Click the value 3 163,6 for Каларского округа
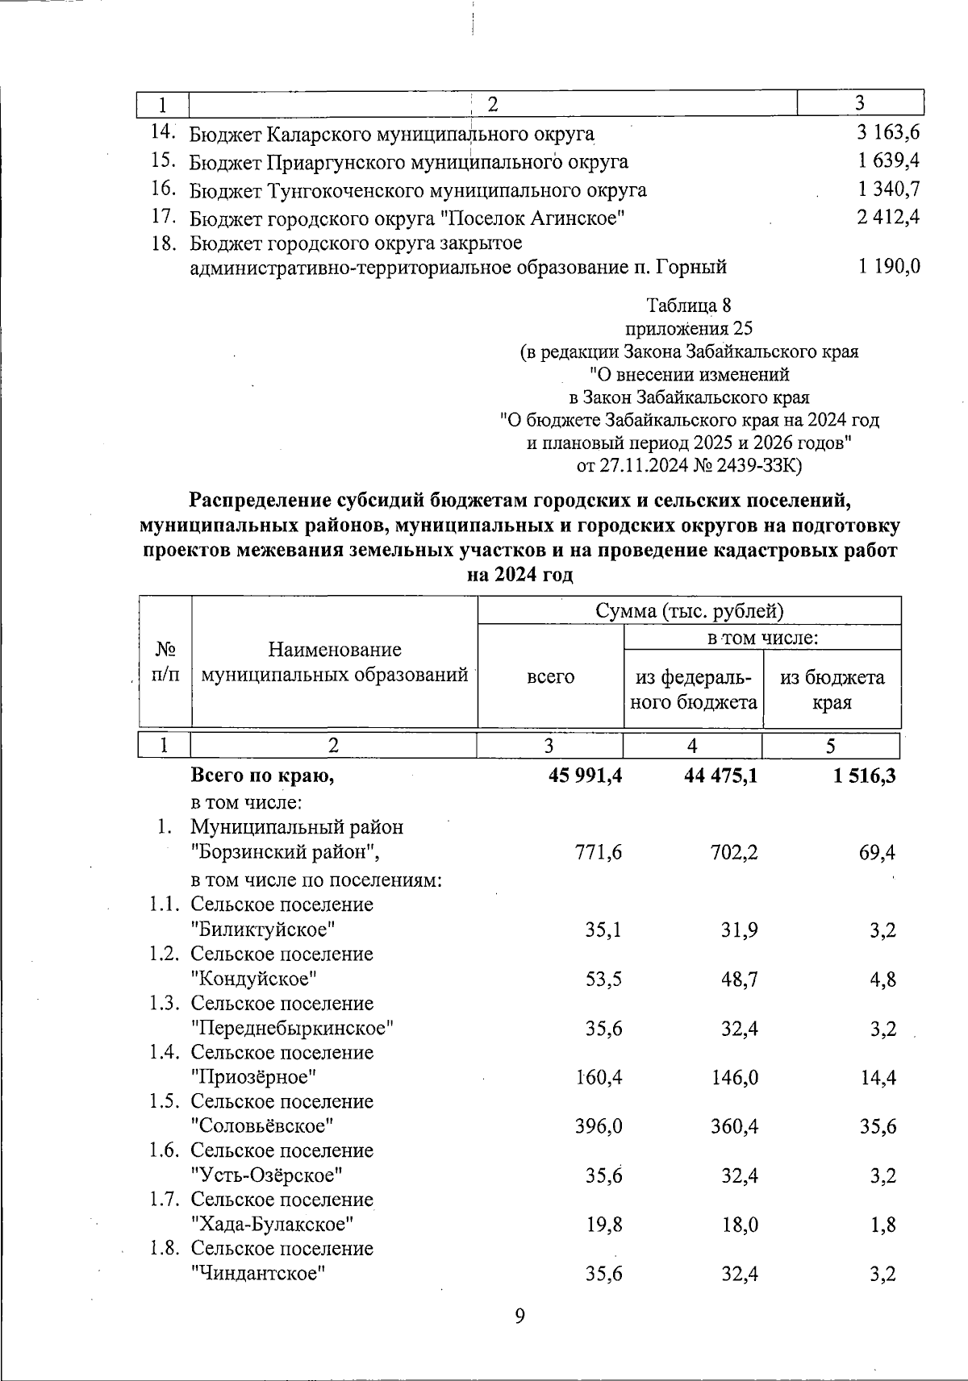click(x=889, y=133)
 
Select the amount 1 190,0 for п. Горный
click(x=889, y=266)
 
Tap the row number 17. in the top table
click(x=164, y=217)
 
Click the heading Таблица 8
click(x=689, y=306)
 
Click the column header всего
click(x=550, y=676)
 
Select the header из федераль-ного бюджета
click(x=693, y=689)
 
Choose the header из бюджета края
click(x=832, y=689)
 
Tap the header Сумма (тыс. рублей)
click(x=689, y=610)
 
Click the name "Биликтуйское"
click(x=263, y=930)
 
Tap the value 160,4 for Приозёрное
click(x=598, y=1077)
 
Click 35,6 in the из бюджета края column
click(x=878, y=1126)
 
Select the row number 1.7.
click(x=164, y=1200)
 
